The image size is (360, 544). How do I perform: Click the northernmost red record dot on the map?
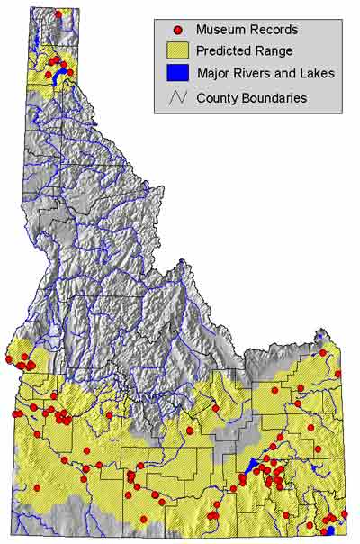[58, 14]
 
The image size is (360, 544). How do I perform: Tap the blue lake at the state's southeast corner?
[331, 530]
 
